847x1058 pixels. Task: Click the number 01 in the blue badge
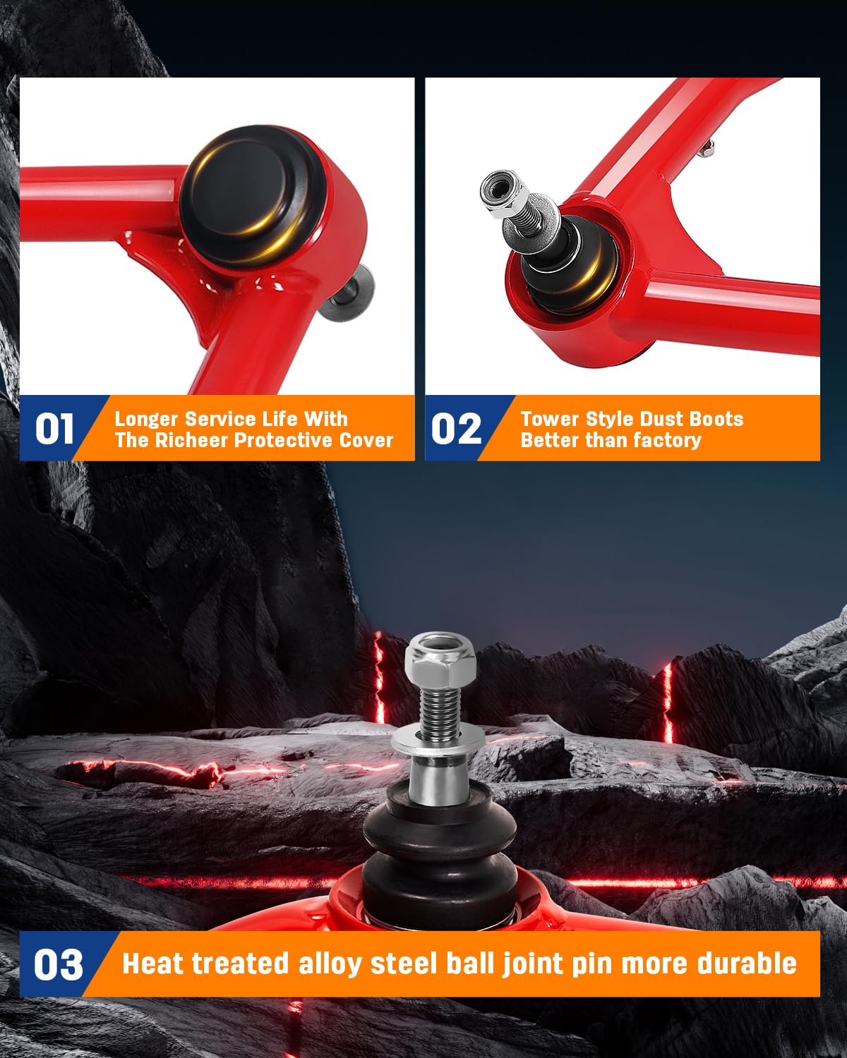pos(54,429)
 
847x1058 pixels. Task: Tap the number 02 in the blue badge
pos(456,429)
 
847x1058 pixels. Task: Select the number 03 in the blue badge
pos(58,965)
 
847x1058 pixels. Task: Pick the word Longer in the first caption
pos(146,420)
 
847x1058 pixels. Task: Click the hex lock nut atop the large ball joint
pos(440,660)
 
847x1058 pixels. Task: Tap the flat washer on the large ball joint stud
pos(438,744)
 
